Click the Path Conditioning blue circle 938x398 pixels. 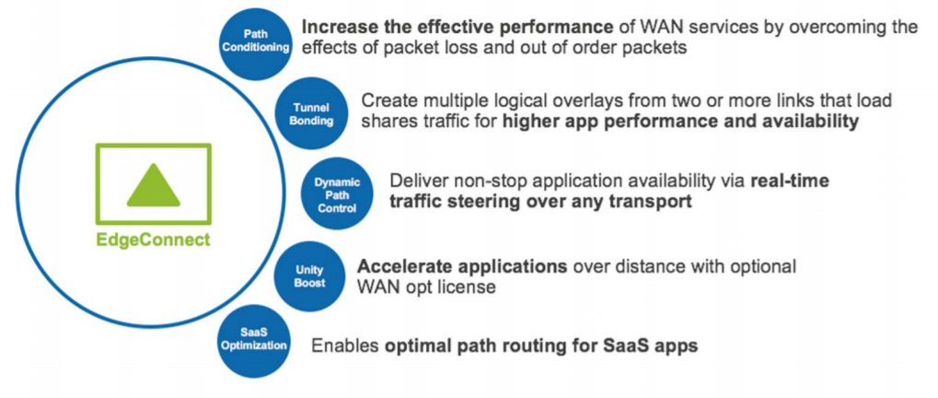tap(254, 41)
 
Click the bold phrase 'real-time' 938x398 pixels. tap(790, 180)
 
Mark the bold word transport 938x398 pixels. tap(651, 201)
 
